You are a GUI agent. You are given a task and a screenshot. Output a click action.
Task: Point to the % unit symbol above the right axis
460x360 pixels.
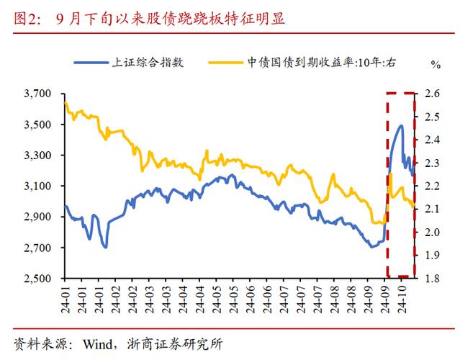click(435, 65)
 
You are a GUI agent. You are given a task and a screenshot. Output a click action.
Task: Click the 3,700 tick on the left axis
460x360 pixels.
click(38, 94)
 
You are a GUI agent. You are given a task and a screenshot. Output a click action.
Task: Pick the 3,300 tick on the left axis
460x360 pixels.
click(38, 156)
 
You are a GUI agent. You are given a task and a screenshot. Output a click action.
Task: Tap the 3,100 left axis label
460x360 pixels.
click(38, 186)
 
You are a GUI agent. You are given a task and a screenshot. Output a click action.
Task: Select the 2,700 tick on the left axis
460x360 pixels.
click(38, 248)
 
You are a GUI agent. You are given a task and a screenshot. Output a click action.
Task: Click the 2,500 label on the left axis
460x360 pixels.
click(38, 279)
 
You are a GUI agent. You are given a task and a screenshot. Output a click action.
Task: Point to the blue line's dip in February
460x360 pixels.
click(105, 247)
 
